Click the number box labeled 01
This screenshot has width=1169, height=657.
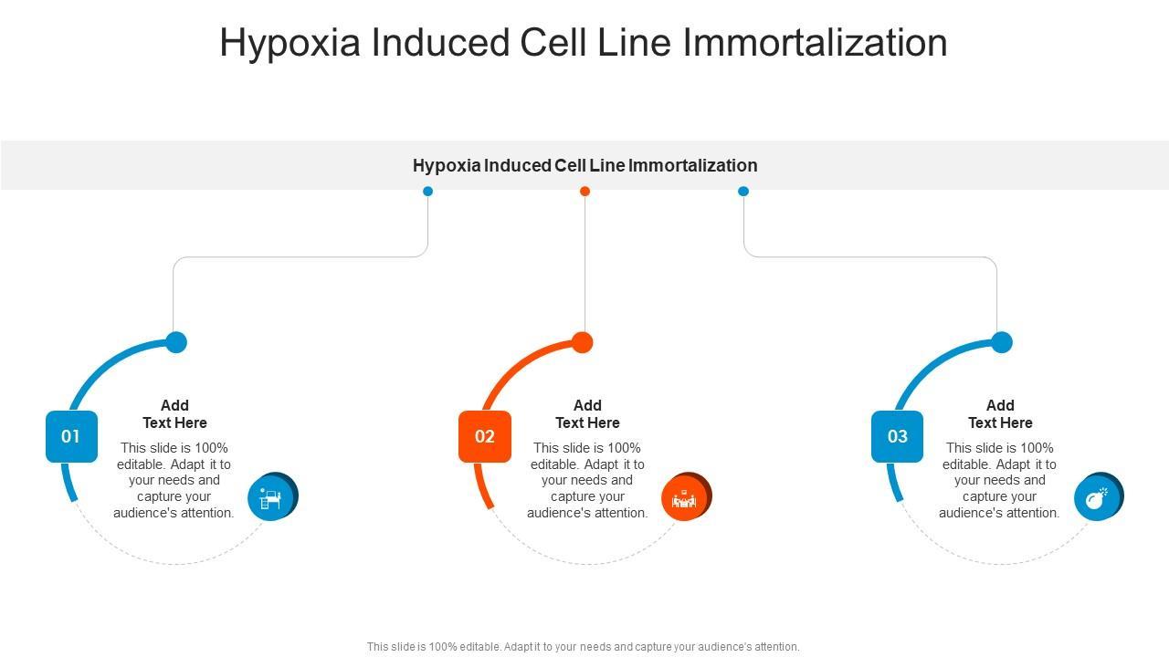(71, 436)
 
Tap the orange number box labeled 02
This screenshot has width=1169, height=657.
(484, 436)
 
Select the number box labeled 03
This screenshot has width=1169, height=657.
(897, 436)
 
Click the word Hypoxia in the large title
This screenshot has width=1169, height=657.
(290, 43)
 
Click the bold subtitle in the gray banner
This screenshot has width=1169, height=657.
(584, 165)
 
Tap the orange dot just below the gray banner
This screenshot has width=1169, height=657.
(585, 191)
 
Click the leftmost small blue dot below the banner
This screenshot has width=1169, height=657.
(427, 191)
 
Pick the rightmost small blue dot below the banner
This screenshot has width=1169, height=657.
(743, 191)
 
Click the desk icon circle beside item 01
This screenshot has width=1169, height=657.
(271, 497)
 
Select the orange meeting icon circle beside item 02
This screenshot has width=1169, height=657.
(684, 497)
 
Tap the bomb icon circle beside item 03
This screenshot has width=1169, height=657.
(1097, 497)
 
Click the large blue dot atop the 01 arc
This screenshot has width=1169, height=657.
(176, 342)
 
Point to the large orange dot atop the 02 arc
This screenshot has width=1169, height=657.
(583, 342)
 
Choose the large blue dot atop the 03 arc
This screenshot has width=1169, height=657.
(1002, 342)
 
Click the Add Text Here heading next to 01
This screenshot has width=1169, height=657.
(174, 414)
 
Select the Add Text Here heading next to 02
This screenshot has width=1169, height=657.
(587, 414)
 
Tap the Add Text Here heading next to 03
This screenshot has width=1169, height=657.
(1000, 414)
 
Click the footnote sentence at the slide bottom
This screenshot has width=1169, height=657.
(583, 647)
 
